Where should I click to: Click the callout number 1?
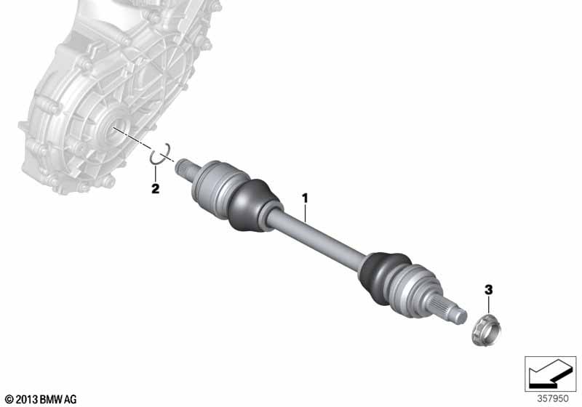(x=305, y=198)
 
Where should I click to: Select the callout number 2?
(x=155, y=189)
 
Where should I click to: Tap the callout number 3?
(x=488, y=289)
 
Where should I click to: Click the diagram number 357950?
(x=553, y=399)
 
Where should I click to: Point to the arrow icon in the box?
(x=550, y=374)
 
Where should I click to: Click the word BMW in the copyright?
(x=51, y=400)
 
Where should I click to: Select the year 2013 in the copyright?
(x=27, y=400)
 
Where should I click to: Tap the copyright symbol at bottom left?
(x=9, y=400)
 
